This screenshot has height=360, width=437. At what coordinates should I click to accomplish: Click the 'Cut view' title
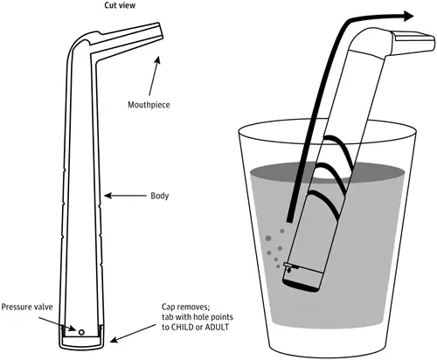tap(120, 5)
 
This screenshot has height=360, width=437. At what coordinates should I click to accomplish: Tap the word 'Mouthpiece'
tap(149, 105)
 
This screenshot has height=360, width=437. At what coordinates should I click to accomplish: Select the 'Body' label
tap(160, 196)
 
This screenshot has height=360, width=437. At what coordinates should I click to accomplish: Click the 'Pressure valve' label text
tap(27, 307)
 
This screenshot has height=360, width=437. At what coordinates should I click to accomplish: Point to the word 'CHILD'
tap(183, 327)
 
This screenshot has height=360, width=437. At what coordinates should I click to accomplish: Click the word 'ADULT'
tap(217, 327)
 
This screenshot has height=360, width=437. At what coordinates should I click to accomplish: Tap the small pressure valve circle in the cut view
tap(81, 332)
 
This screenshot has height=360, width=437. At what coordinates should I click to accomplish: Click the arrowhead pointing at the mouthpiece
tap(157, 59)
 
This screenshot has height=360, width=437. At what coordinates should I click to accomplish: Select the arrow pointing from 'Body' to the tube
tap(125, 196)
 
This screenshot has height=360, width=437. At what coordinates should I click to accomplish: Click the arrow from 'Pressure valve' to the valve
tap(57, 324)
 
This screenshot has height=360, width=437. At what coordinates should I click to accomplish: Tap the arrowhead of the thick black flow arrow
tap(408, 16)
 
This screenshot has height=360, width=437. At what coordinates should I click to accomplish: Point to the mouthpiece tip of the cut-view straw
tap(161, 31)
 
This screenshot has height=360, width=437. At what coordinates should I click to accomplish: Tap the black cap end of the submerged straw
tap(300, 286)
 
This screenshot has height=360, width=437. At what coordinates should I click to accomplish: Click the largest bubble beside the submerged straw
tap(268, 239)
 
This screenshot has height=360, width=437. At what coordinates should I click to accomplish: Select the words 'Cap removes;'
tap(186, 307)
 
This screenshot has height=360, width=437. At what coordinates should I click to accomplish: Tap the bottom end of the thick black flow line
tap(289, 220)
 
